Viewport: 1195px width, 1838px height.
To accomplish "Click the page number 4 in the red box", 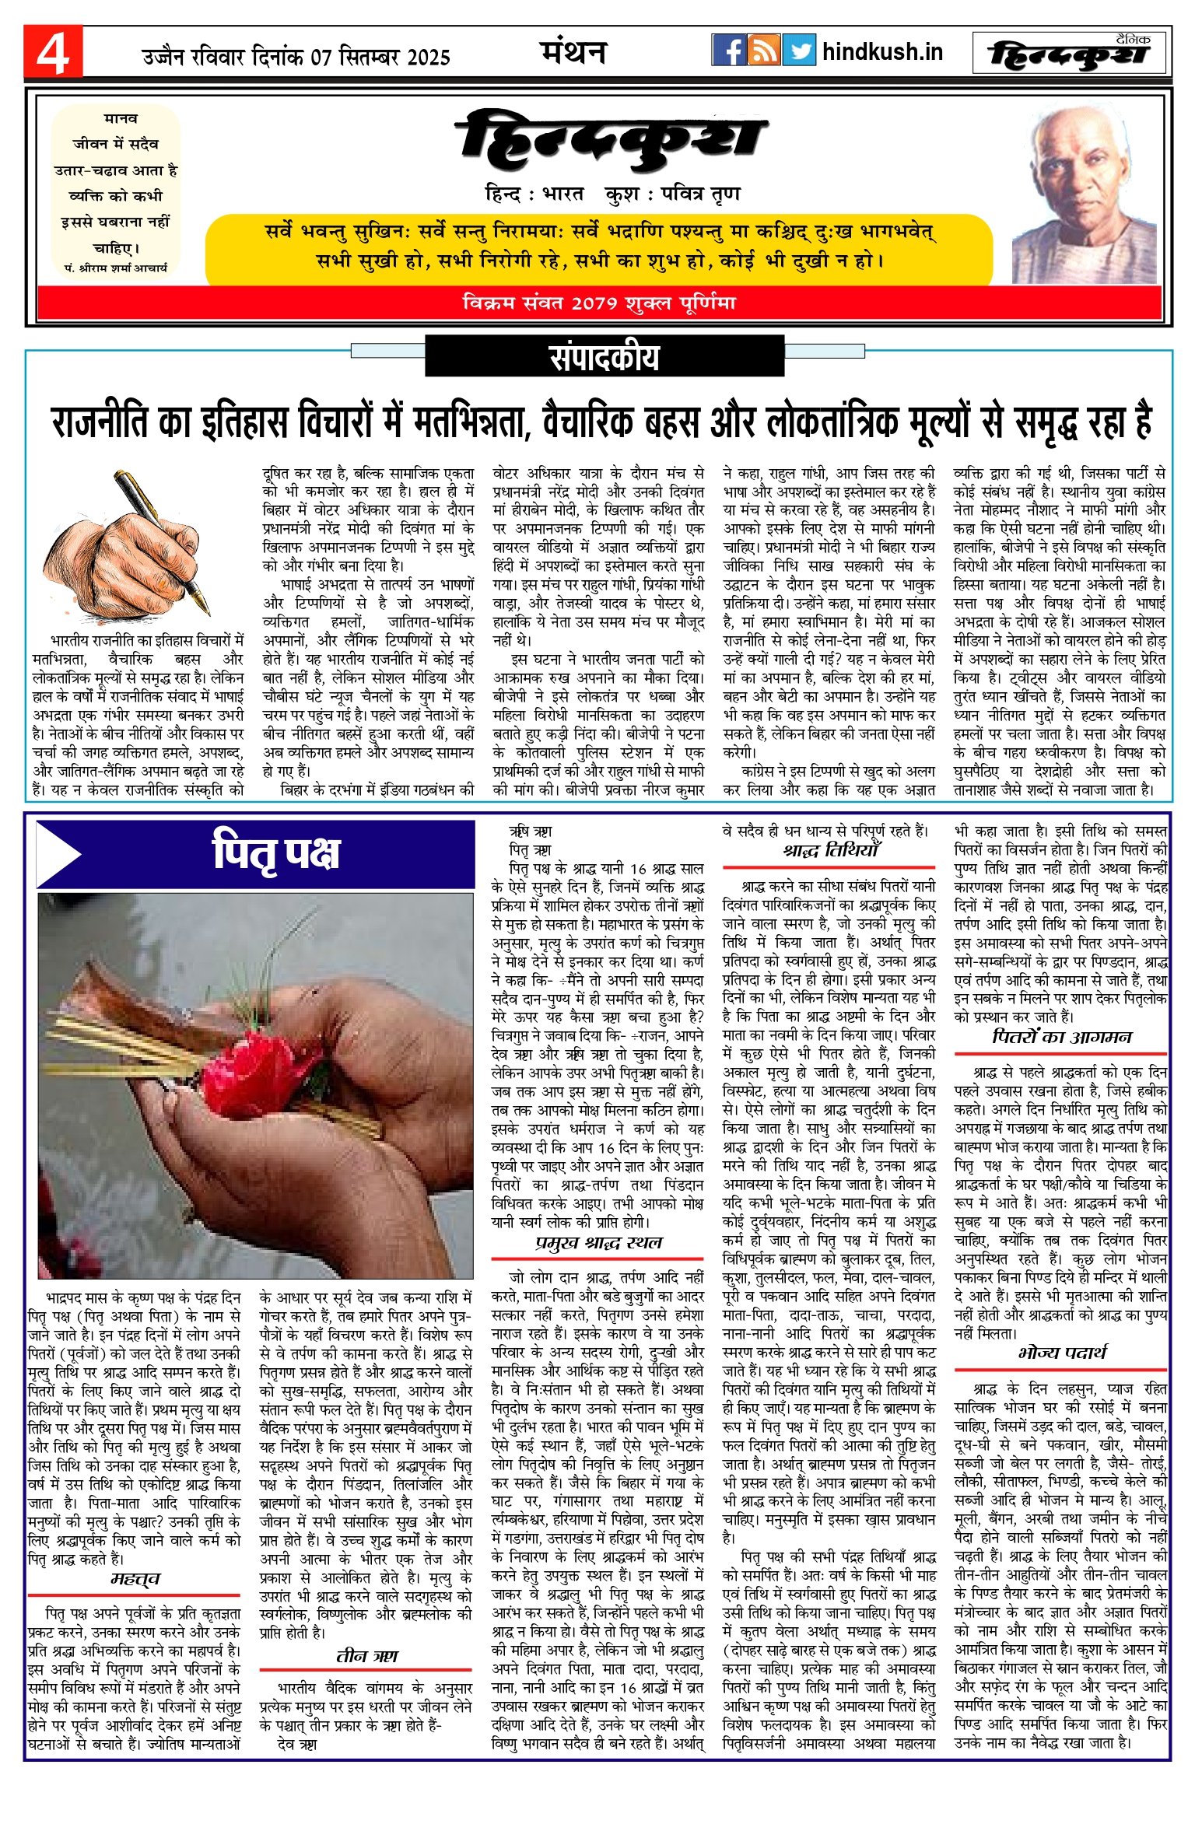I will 52,53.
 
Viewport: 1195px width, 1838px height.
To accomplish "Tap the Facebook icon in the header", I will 728,51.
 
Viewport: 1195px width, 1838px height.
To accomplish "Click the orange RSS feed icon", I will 763,51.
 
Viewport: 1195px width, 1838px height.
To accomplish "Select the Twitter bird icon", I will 799,51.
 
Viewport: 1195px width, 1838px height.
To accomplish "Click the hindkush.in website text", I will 882,52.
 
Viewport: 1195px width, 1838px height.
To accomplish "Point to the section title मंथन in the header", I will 573,52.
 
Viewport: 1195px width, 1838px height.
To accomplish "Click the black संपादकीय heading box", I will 604,357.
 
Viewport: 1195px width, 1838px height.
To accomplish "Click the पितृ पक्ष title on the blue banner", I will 276,853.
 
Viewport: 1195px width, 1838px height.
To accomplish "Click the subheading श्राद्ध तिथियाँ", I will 830,851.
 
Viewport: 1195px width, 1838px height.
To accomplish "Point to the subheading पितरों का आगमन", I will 1061,1037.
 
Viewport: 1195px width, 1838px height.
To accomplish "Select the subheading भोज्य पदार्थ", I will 1061,1353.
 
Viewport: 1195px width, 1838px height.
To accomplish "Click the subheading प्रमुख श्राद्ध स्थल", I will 597,1242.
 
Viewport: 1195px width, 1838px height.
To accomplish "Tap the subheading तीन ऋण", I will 366,1656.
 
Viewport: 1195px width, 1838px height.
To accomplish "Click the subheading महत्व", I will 135,1578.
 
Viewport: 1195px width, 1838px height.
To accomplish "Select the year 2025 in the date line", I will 428,58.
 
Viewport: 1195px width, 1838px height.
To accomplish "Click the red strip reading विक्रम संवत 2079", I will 598,303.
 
